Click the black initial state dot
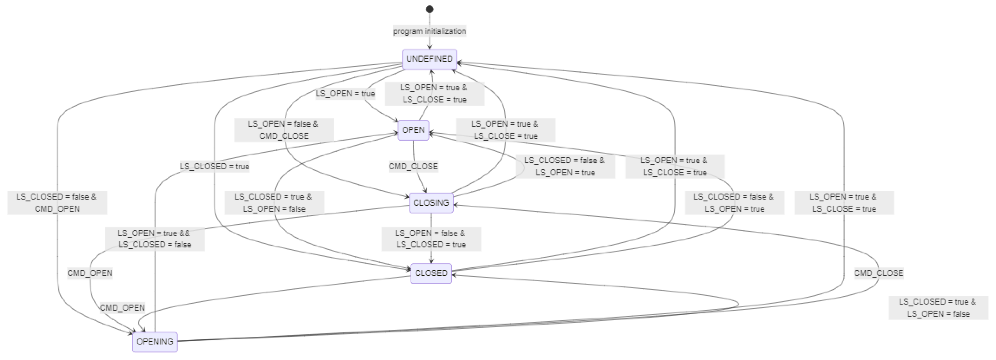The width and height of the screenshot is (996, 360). (429, 9)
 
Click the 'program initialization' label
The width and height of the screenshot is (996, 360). (429, 31)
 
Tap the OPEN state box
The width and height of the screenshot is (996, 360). (413, 130)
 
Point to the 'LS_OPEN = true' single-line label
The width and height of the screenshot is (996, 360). (345, 93)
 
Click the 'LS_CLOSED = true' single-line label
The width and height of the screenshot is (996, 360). (214, 166)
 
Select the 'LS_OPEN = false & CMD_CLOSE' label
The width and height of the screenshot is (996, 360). (284, 130)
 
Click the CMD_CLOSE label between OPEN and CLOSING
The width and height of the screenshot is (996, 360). (413, 166)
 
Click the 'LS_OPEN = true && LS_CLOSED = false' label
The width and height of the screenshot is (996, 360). (154, 239)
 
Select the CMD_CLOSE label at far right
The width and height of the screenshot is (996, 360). (878, 273)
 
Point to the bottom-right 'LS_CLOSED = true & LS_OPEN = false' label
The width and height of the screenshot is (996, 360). (938, 307)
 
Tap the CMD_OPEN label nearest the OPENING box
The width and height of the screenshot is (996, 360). (122, 308)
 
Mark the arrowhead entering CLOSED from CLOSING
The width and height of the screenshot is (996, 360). (431, 262)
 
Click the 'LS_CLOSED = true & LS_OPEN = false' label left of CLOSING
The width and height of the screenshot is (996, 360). (273, 202)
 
